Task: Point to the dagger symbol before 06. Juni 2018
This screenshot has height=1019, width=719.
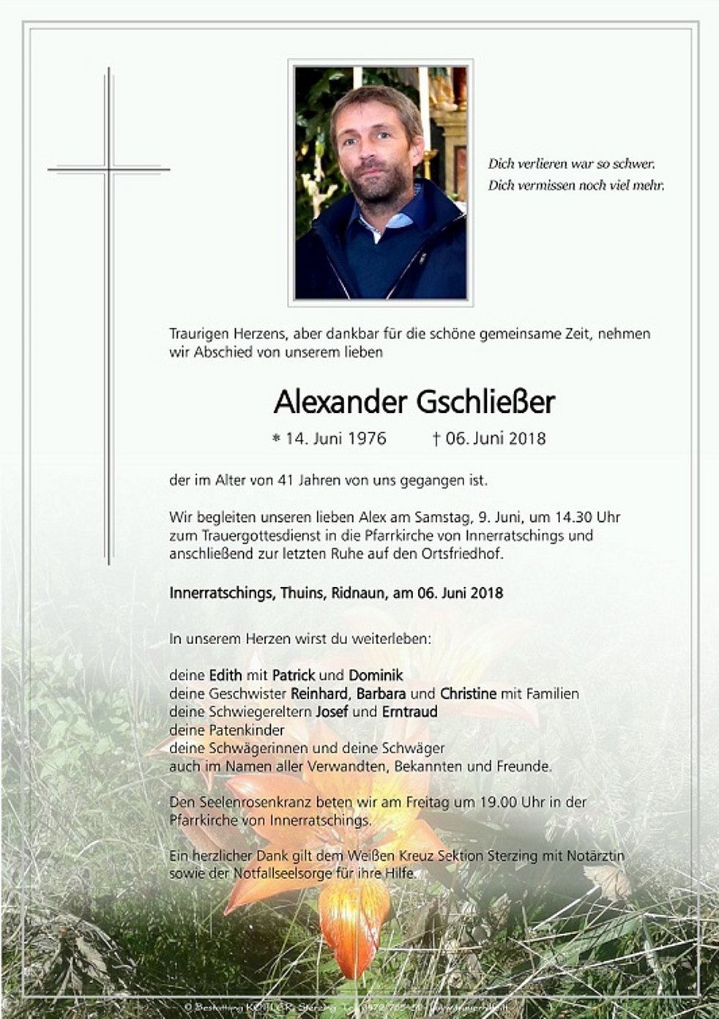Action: pos(436,438)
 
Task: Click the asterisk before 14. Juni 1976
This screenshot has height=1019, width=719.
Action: pos(276,439)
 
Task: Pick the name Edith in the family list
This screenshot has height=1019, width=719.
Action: pos(226,675)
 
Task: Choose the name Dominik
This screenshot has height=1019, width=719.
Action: pos(376,675)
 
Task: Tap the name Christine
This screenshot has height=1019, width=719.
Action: pos(468,693)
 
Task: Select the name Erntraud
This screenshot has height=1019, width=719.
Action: pos(409,712)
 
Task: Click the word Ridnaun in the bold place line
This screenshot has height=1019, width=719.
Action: pos(358,593)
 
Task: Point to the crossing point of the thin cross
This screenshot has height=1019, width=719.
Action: pos(108,170)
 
